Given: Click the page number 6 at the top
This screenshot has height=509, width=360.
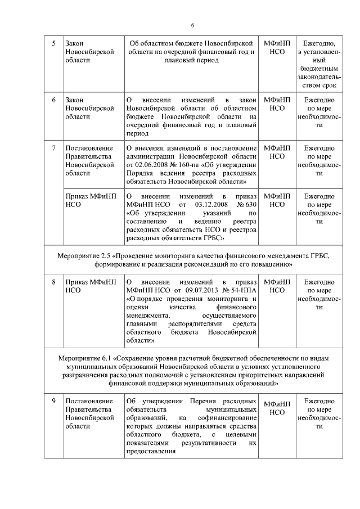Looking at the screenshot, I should click(x=191, y=25).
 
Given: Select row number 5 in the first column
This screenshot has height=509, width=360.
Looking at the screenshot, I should click(x=54, y=43).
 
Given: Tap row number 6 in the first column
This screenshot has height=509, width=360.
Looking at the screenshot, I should click(x=54, y=100).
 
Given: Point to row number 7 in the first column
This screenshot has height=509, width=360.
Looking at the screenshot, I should click(x=54, y=148).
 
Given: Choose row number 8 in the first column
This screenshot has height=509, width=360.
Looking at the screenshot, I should click(x=54, y=281).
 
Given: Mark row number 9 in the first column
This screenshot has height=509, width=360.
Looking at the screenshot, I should click(x=54, y=400).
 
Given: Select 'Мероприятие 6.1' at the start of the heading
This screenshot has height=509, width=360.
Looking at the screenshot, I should click(x=85, y=358).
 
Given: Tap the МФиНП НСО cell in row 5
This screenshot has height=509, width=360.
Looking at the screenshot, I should click(x=277, y=47).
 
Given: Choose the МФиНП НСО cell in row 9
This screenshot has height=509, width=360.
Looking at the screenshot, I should click(x=277, y=408).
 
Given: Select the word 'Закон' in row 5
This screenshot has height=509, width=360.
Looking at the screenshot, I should click(x=75, y=43).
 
